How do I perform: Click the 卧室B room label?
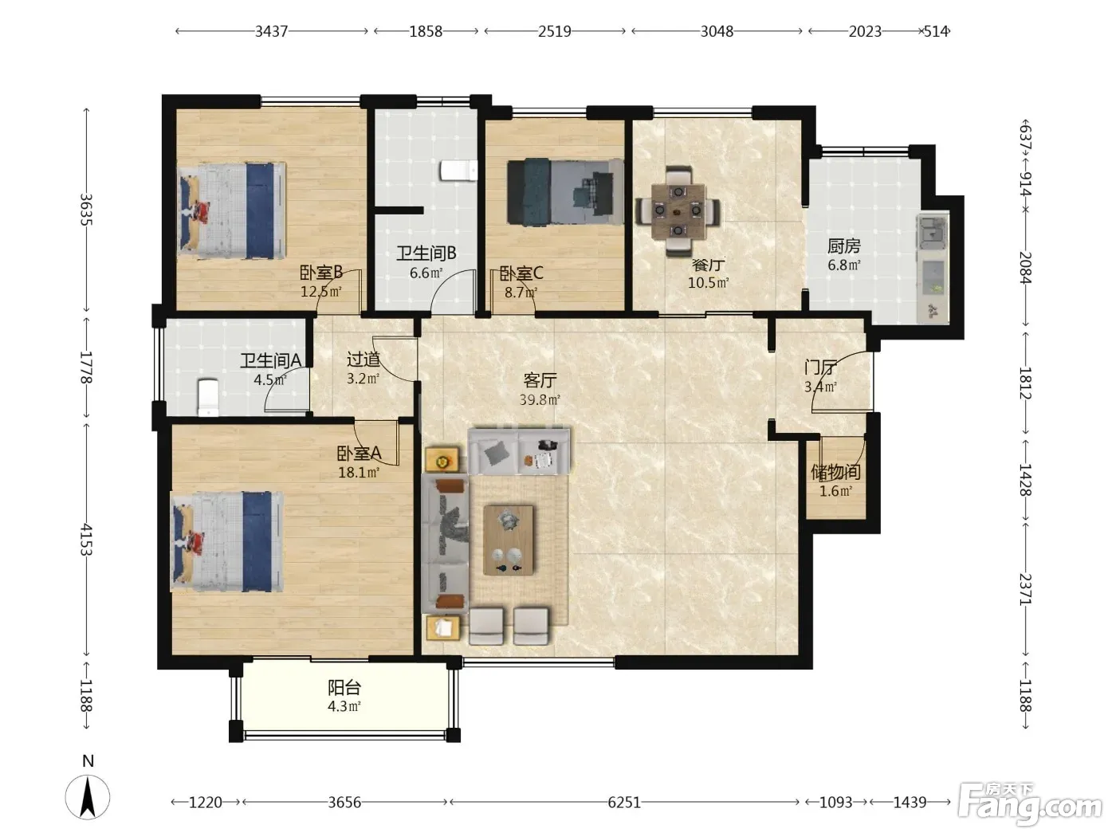pyautogui.click(x=320, y=273)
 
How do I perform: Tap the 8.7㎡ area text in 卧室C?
pyautogui.click(x=521, y=293)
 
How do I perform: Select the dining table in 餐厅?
pyautogui.click(x=678, y=211)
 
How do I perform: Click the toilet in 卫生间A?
pyautogui.click(x=207, y=397)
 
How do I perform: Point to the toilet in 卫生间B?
pyautogui.click(x=458, y=171)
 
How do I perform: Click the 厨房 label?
pyautogui.click(x=843, y=246)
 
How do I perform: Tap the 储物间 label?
pyautogui.click(x=835, y=472)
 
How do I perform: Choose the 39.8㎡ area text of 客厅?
pyautogui.click(x=540, y=399)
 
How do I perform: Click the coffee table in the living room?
pyautogui.click(x=508, y=540)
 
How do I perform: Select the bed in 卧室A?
pyautogui.click(x=226, y=541)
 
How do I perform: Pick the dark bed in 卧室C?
pyautogui.click(x=565, y=191)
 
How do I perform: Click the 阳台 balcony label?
pyautogui.click(x=344, y=688)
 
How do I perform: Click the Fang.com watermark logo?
pyautogui.click(x=1030, y=804)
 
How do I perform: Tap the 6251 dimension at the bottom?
pyautogui.click(x=624, y=802)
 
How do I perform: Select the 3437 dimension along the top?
pyautogui.click(x=271, y=32)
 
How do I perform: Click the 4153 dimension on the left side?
pyautogui.click(x=86, y=540)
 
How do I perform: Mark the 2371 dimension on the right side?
pyautogui.click(x=1025, y=589)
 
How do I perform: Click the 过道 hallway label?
pyautogui.click(x=363, y=360)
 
